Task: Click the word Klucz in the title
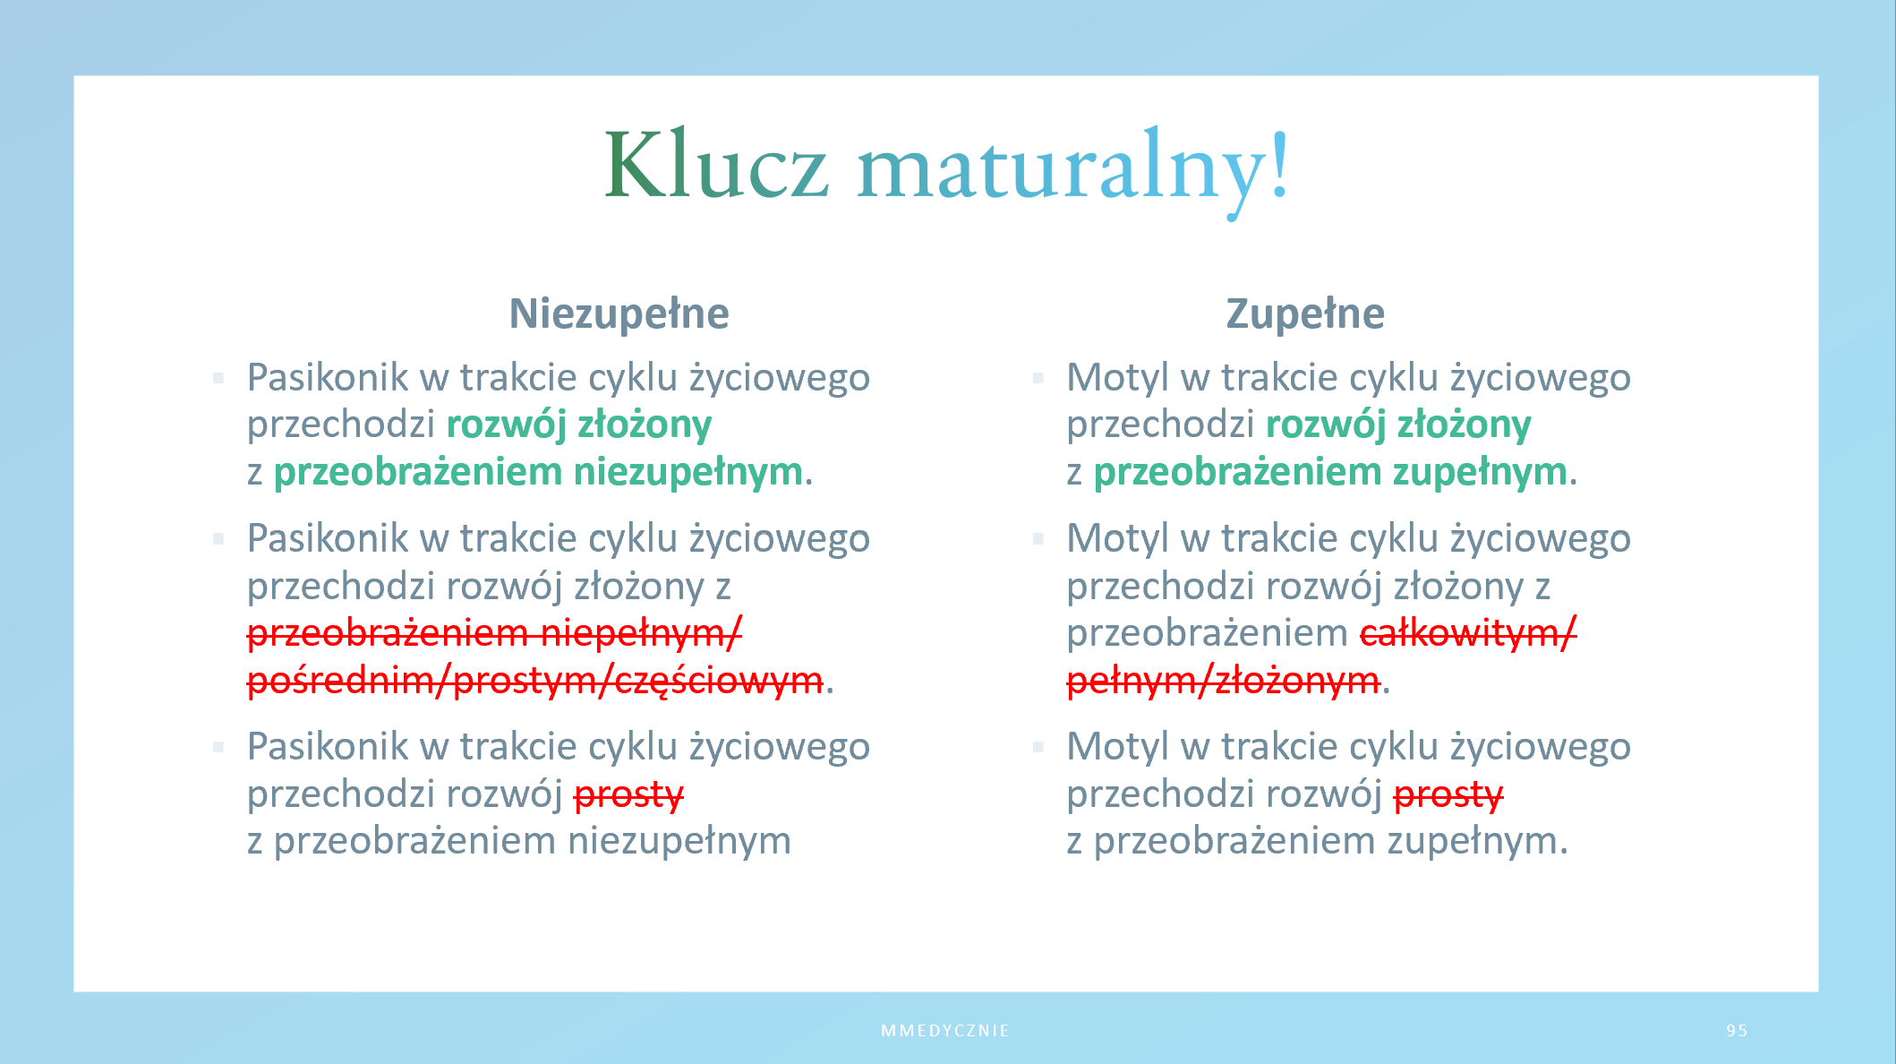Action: pyautogui.click(x=716, y=166)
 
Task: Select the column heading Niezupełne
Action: pyautogui.click(x=619, y=313)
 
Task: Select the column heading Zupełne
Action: pyautogui.click(x=1305, y=313)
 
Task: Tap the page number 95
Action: pyautogui.click(x=1737, y=1030)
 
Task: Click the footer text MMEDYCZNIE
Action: pyautogui.click(x=945, y=1030)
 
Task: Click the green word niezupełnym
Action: pyautogui.click(x=688, y=472)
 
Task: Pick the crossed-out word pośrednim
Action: pyautogui.click(x=341, y=682)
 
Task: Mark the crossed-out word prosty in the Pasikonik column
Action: pyautogui.click(x=628, y=794)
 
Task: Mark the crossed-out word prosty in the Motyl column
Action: pyautogui.click(x=1448, y=794)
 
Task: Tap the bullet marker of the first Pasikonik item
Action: pyautogui.click(x=218, y=378)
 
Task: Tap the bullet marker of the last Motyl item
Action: pyautogui.click(x=1038, y=747)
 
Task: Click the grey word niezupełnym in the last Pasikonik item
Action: pyautogui.click(x=679, y=841)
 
